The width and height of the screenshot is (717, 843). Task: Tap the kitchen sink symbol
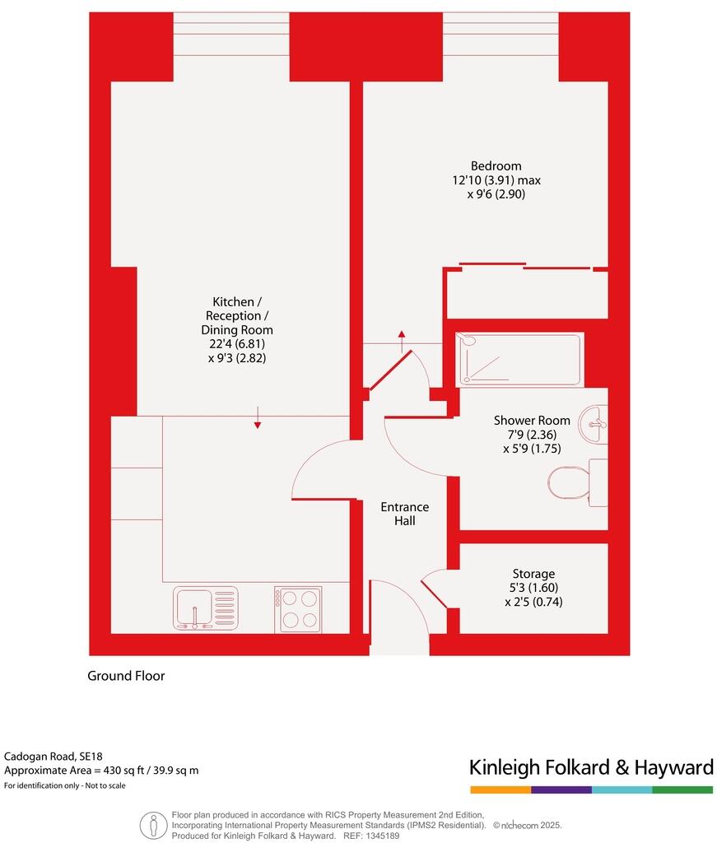[205, 608]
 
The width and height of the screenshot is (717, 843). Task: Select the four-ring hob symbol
[298, 609]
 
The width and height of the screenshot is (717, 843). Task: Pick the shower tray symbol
[520, 359]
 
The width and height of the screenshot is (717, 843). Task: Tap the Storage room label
[533, 574]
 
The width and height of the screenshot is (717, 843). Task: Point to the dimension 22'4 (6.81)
[237, 344]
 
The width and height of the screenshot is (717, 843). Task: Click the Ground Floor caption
[126, 676]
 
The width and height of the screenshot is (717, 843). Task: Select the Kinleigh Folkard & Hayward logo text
[591, 768]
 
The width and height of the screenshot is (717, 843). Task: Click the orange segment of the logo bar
[500, 789]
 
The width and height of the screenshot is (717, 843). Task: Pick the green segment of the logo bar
[682, 789]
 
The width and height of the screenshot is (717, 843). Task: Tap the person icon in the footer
[153, 824]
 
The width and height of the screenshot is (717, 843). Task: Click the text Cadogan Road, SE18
[54, 756]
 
